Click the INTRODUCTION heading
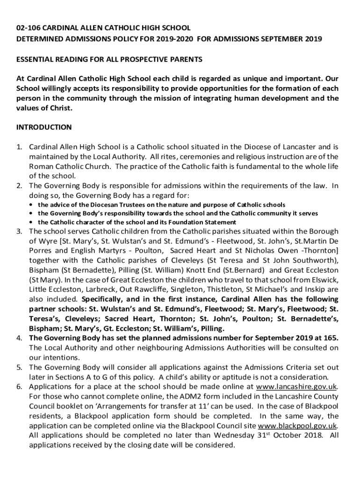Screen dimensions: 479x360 click(44, 127)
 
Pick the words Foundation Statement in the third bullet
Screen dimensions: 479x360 click(206, 222)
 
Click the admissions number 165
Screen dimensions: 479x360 click(331, 338)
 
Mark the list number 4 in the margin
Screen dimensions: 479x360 click(19, 338)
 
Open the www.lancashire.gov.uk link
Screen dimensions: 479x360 click(296, 386)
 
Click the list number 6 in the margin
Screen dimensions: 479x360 click(19, 386)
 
